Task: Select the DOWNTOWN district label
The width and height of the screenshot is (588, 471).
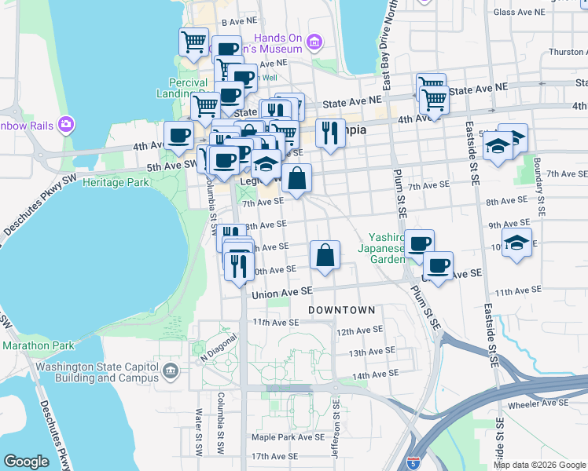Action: click(x=341, y=310)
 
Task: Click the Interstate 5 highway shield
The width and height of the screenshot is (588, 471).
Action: click(x=413, y=462)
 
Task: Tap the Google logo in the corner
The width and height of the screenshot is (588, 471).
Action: click(x=26, y=462)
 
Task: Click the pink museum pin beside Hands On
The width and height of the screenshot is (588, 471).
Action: click(x=314, y=42)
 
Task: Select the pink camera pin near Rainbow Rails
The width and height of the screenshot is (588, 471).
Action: click(x=65, y=124)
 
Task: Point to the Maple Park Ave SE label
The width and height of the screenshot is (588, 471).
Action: click(x=288, y=436)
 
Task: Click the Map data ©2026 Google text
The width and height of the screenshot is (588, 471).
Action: click(x=538, y=465)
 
